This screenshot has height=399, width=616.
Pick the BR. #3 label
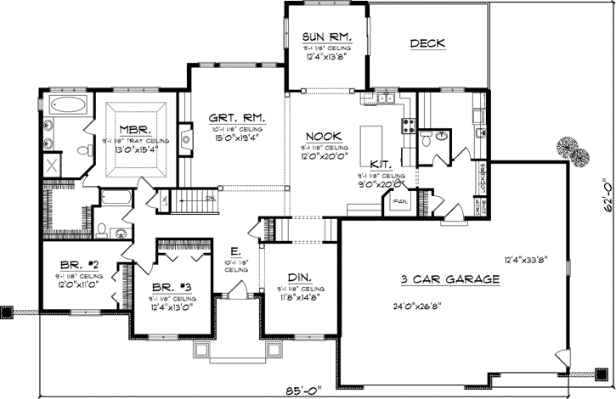171,288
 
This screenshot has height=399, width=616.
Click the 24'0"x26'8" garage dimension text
427,306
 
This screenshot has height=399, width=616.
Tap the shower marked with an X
53,166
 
